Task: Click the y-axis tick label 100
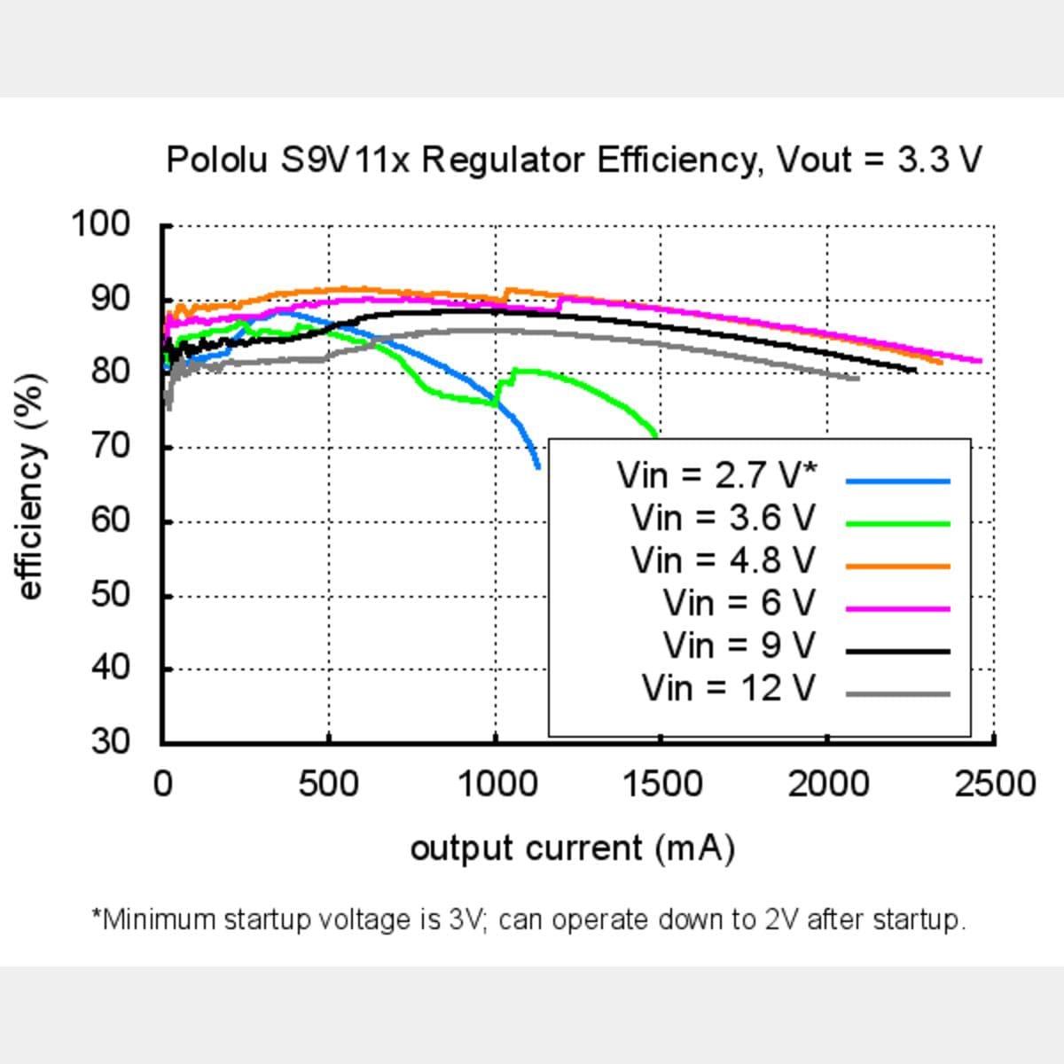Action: point(100,223)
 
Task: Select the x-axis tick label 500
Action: point(328,784)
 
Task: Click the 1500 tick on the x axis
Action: point(661,784)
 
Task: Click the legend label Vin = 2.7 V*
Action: point(716,476)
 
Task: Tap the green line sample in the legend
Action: point(897,523)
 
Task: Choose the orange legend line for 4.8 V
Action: point(897,566)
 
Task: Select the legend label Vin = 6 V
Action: point(739,604)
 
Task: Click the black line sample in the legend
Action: point(897,651)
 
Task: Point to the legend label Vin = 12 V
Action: point(728,688)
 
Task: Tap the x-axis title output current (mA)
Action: point(572,849)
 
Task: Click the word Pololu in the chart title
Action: point(216,160)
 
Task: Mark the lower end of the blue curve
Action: point(538,466)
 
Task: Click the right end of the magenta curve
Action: point(980,361)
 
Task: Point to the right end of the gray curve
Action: point(857,379)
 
